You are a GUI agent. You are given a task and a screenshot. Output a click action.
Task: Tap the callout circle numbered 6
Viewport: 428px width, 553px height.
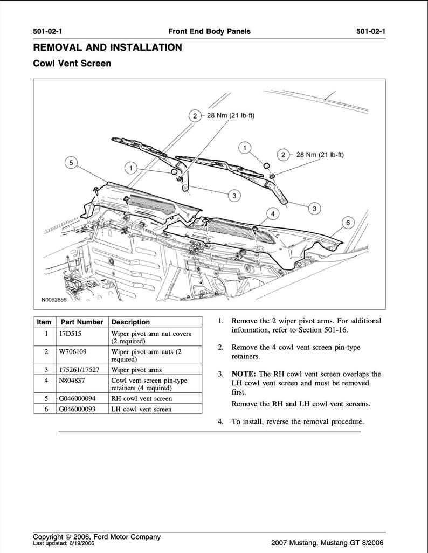click(348, 223)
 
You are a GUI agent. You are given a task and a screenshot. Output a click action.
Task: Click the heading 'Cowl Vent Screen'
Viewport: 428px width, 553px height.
click(72, 64)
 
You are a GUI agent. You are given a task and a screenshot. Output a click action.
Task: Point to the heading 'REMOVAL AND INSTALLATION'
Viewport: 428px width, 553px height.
click(107, 47)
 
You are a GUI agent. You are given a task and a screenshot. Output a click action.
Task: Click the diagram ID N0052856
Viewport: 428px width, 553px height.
click(55, 299)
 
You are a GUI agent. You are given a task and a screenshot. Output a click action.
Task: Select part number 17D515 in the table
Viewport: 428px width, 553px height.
click(71, 334)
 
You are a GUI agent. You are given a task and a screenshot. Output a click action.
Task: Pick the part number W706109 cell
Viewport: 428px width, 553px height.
click(73, 351)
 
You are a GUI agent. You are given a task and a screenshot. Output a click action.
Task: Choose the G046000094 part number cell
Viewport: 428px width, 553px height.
click(78, 398)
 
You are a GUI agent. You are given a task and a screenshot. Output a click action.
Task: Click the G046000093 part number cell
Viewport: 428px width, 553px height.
click(78, 409)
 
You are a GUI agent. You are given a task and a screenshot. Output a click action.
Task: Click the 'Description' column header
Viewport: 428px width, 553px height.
click(130, 322)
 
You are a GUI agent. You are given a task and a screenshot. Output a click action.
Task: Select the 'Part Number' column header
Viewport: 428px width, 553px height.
click(81, 322)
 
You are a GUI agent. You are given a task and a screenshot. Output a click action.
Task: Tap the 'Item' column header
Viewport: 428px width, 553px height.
click(44, 322)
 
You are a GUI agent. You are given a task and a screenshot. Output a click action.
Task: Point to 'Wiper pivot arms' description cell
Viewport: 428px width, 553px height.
click(136, 370)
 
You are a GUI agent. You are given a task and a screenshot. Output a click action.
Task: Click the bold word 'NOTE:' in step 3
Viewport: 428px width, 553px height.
click(244, 374)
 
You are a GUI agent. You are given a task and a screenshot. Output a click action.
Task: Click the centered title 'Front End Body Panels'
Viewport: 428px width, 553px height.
click(210, 31)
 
